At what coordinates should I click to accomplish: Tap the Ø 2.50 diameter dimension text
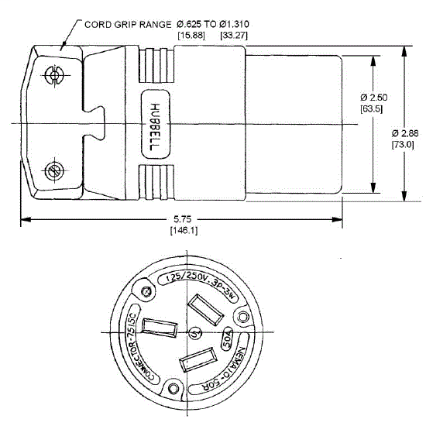pyautogui.click(x=375, y=98)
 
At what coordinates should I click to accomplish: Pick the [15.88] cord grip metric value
pyautogui.click(x=191, y=35)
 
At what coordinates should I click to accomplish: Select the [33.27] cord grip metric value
pyautogui.click(x=236, y=35)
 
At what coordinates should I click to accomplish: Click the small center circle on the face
pyautogui.click(x=194, y=334)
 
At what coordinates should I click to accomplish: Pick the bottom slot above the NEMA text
pyautogui.click(x=198, y=362)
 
